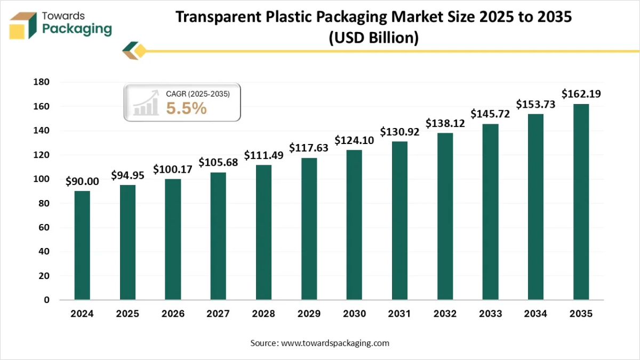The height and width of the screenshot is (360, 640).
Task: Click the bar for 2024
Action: pyautogui.click(x=82, y=245)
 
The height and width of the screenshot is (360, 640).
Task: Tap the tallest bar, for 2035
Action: pyautogui.click(x=581, y=202)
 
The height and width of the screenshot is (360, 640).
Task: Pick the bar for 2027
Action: pyautogui.click(x=218, y=236)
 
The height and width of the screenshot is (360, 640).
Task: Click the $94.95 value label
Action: pyautogui.click(x=127, y=175)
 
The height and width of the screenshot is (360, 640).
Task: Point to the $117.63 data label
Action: pyautogui.click(x=309, y=147)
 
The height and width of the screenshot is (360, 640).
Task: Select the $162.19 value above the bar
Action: pyautogui.click(x=581, y=94)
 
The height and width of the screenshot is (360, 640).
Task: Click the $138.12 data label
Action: pyautogui.click(x=445, y=123)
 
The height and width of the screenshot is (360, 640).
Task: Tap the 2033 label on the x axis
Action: pyautogui.click(x=490, y=314)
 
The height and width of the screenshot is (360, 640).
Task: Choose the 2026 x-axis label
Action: pyautogui.click(x=173, y=314)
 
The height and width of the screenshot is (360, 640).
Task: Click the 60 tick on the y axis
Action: pyautogui.click(x=44, y=228)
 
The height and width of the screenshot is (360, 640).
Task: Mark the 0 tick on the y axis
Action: pyautogui.click(x=46, y=300)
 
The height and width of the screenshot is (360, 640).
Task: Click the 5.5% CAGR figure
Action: pyautogui.click(x=186, y=108)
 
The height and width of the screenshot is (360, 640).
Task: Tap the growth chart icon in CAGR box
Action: pyautogui.click(x=146, y=102)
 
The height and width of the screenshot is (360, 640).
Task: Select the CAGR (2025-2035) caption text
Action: pyautogui.click(x=198, y=94)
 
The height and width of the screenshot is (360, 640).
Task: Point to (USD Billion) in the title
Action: pyautogui.click(x=373, y=38)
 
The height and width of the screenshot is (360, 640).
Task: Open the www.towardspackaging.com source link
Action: pyautogui.click(x=335, y=343)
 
